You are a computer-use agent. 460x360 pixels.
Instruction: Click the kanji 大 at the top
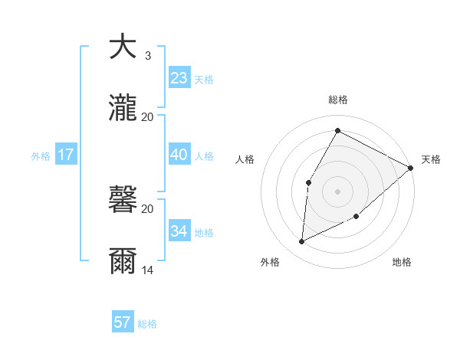coord(123,47)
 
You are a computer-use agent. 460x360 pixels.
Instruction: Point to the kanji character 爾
coord(123,261)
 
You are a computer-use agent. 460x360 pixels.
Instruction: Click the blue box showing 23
coord(179,78)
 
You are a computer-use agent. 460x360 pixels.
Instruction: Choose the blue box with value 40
coord(179,155)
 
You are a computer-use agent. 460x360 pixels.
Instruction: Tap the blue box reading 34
coord(179,231)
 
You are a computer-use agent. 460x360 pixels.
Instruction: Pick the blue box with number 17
coord(66,155)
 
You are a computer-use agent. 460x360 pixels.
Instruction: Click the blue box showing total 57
coord(123,322)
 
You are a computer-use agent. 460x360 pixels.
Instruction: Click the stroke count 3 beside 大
coord(147,56)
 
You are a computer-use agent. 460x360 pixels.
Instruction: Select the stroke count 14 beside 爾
coord(148,270)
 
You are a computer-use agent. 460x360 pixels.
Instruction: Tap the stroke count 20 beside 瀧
coord(148,117)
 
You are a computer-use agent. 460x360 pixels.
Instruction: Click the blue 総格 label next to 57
coord(147,324)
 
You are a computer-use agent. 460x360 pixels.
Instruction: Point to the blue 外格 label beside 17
coord(41,156)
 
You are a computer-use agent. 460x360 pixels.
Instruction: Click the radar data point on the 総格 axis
coord(337,130)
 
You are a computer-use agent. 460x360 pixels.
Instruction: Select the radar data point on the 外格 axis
coord(302,242)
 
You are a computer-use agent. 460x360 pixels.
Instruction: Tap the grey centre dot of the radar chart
coord(337,191)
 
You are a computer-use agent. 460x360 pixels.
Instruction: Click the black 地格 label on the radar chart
coord(402,263)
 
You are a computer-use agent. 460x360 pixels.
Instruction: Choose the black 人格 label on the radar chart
coord(245,159)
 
